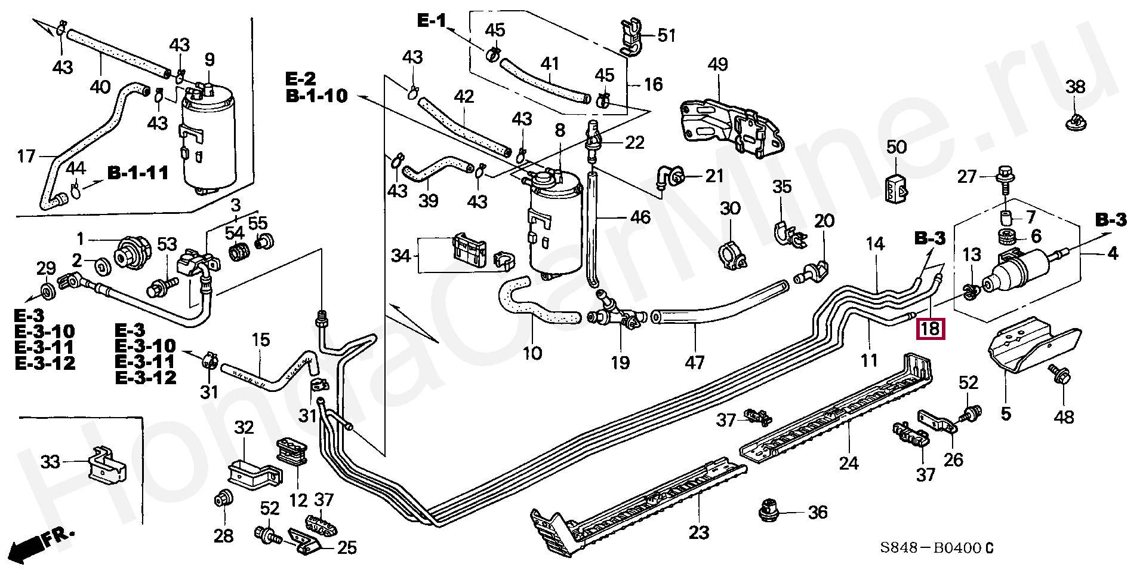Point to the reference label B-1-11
[138, 173]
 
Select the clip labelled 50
[896, 187]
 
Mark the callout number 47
[695, 362]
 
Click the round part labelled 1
[130, 254]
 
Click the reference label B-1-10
[316, 96]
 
